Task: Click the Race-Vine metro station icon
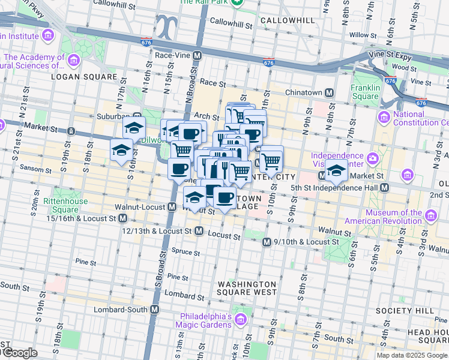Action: coord(196,55)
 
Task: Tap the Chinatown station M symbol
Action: coord(329,93)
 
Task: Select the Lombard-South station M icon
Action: coord(155,310)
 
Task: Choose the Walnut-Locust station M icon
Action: coord(172,207)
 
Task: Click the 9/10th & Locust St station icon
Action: coord(267,242)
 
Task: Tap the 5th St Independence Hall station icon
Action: coord(384,187)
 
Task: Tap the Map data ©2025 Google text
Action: coord(412,355)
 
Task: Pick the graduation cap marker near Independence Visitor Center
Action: coord(336,171)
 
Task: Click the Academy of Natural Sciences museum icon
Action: coord(73,60)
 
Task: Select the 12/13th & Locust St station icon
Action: coord(199,230)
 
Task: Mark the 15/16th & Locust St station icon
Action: coord(122,218)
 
